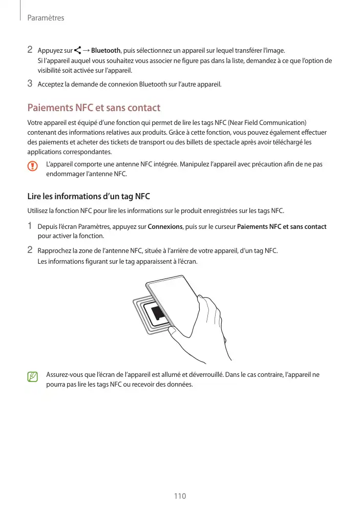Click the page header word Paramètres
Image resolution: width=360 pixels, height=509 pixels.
pyautogui.click(x=46, y=18)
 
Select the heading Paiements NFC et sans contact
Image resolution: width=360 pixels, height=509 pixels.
pyautogui.click(x=94, y=108)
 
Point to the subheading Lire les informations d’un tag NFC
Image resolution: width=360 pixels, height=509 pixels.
pyautogui.click(x=88, y=197)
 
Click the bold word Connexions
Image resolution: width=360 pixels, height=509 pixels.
pyautogui.click(x=165, y=226)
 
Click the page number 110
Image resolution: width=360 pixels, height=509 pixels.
pyautogui.click(x=180, y=496)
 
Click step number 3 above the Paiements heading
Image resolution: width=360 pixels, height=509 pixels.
pyautogui.click(x=30, y=83)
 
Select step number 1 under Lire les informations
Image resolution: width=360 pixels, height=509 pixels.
pyautogui.click(x=30, y=226)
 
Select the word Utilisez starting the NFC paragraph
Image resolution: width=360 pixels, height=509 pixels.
pyautogui.click(x=38, y=211)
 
